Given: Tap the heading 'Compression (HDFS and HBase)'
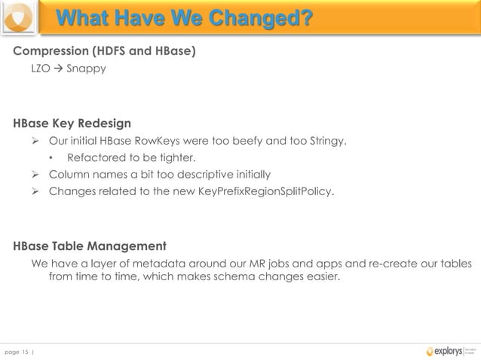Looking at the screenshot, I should point(104,51).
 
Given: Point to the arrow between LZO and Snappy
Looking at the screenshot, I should point(58,69).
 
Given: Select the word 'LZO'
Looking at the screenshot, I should point(41,69).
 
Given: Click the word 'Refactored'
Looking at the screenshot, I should point(95,158).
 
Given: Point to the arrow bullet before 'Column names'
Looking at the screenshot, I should point(35,175).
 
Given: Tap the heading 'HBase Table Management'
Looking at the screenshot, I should point(90,246).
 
